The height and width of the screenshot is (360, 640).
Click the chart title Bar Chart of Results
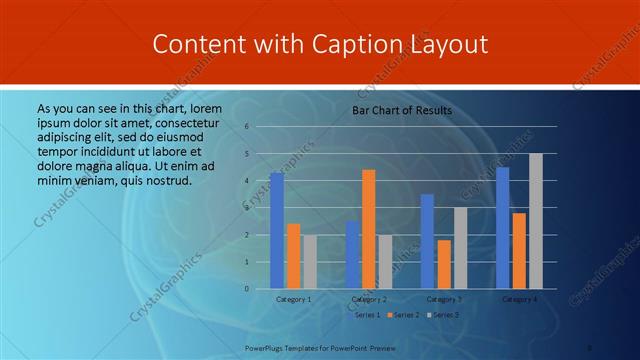(x=401, y=110)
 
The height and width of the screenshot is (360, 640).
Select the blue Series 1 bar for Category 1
(x=276, y=230)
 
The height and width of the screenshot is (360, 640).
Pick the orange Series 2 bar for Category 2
(x=368, y=229)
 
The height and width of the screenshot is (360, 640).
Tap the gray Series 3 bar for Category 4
(x=536, y=221)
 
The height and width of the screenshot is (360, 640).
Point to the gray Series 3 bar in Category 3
(x=460, y=248)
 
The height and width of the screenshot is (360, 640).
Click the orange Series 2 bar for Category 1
(x=293, y=256)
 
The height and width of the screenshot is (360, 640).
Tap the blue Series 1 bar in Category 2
(x=352, y=255)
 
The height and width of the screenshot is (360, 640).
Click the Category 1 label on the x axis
(x=293, y=299)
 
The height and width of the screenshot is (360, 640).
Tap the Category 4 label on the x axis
(x=519, y=299)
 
